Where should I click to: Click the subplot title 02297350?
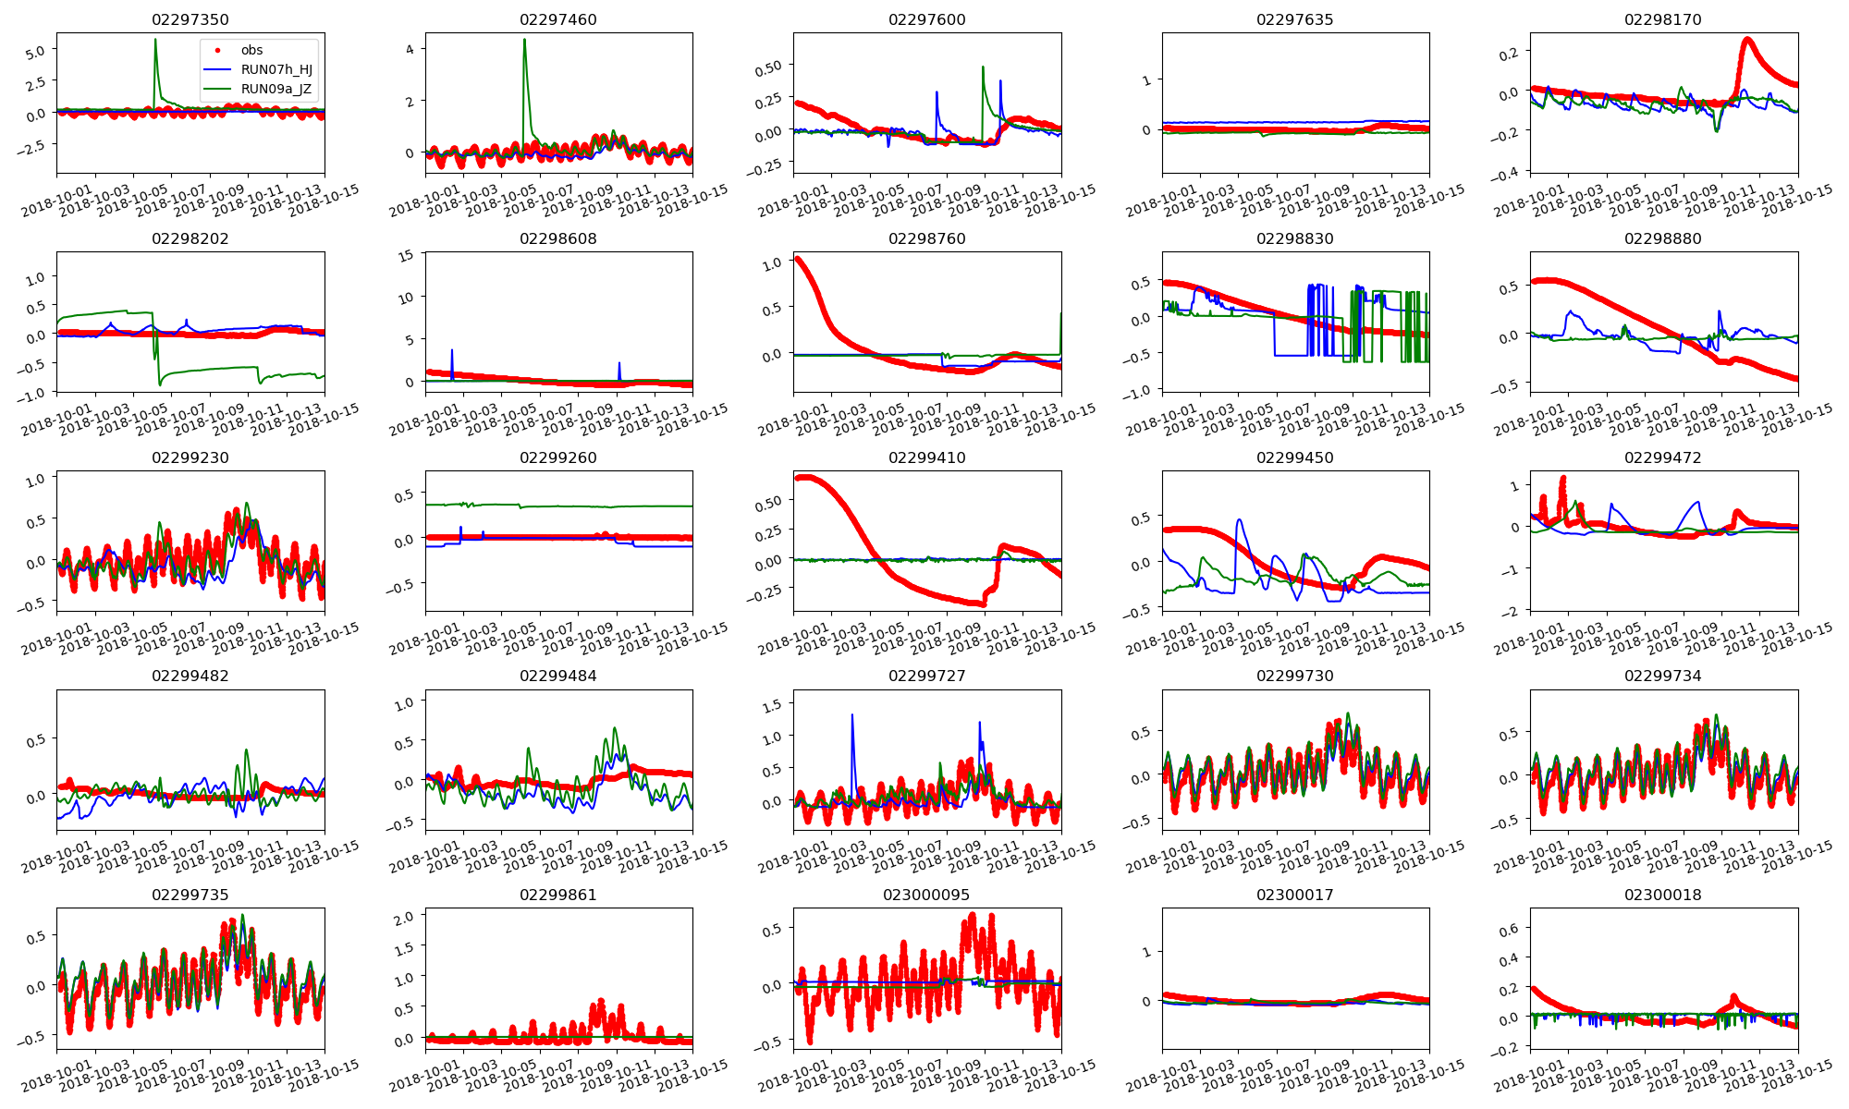(190, 19)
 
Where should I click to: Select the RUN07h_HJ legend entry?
(276, 70)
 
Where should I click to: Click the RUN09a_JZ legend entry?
(276, 90)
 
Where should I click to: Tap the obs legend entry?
(251, 51)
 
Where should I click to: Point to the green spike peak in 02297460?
(524, 40)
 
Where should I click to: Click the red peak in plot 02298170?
(1747, 39)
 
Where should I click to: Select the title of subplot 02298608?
(557, 238)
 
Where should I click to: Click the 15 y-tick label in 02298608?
(405, 256)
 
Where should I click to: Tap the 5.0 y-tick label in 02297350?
(35, 53)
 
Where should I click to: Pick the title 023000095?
(926, 895)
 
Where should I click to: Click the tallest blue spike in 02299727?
(851, 714)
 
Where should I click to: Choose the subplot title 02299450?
(1294, 457)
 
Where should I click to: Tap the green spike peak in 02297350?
(155, 40)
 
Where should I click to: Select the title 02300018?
(1662, 895)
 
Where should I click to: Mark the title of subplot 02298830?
(1294, 238)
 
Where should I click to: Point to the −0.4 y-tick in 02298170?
(1506, 174)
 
